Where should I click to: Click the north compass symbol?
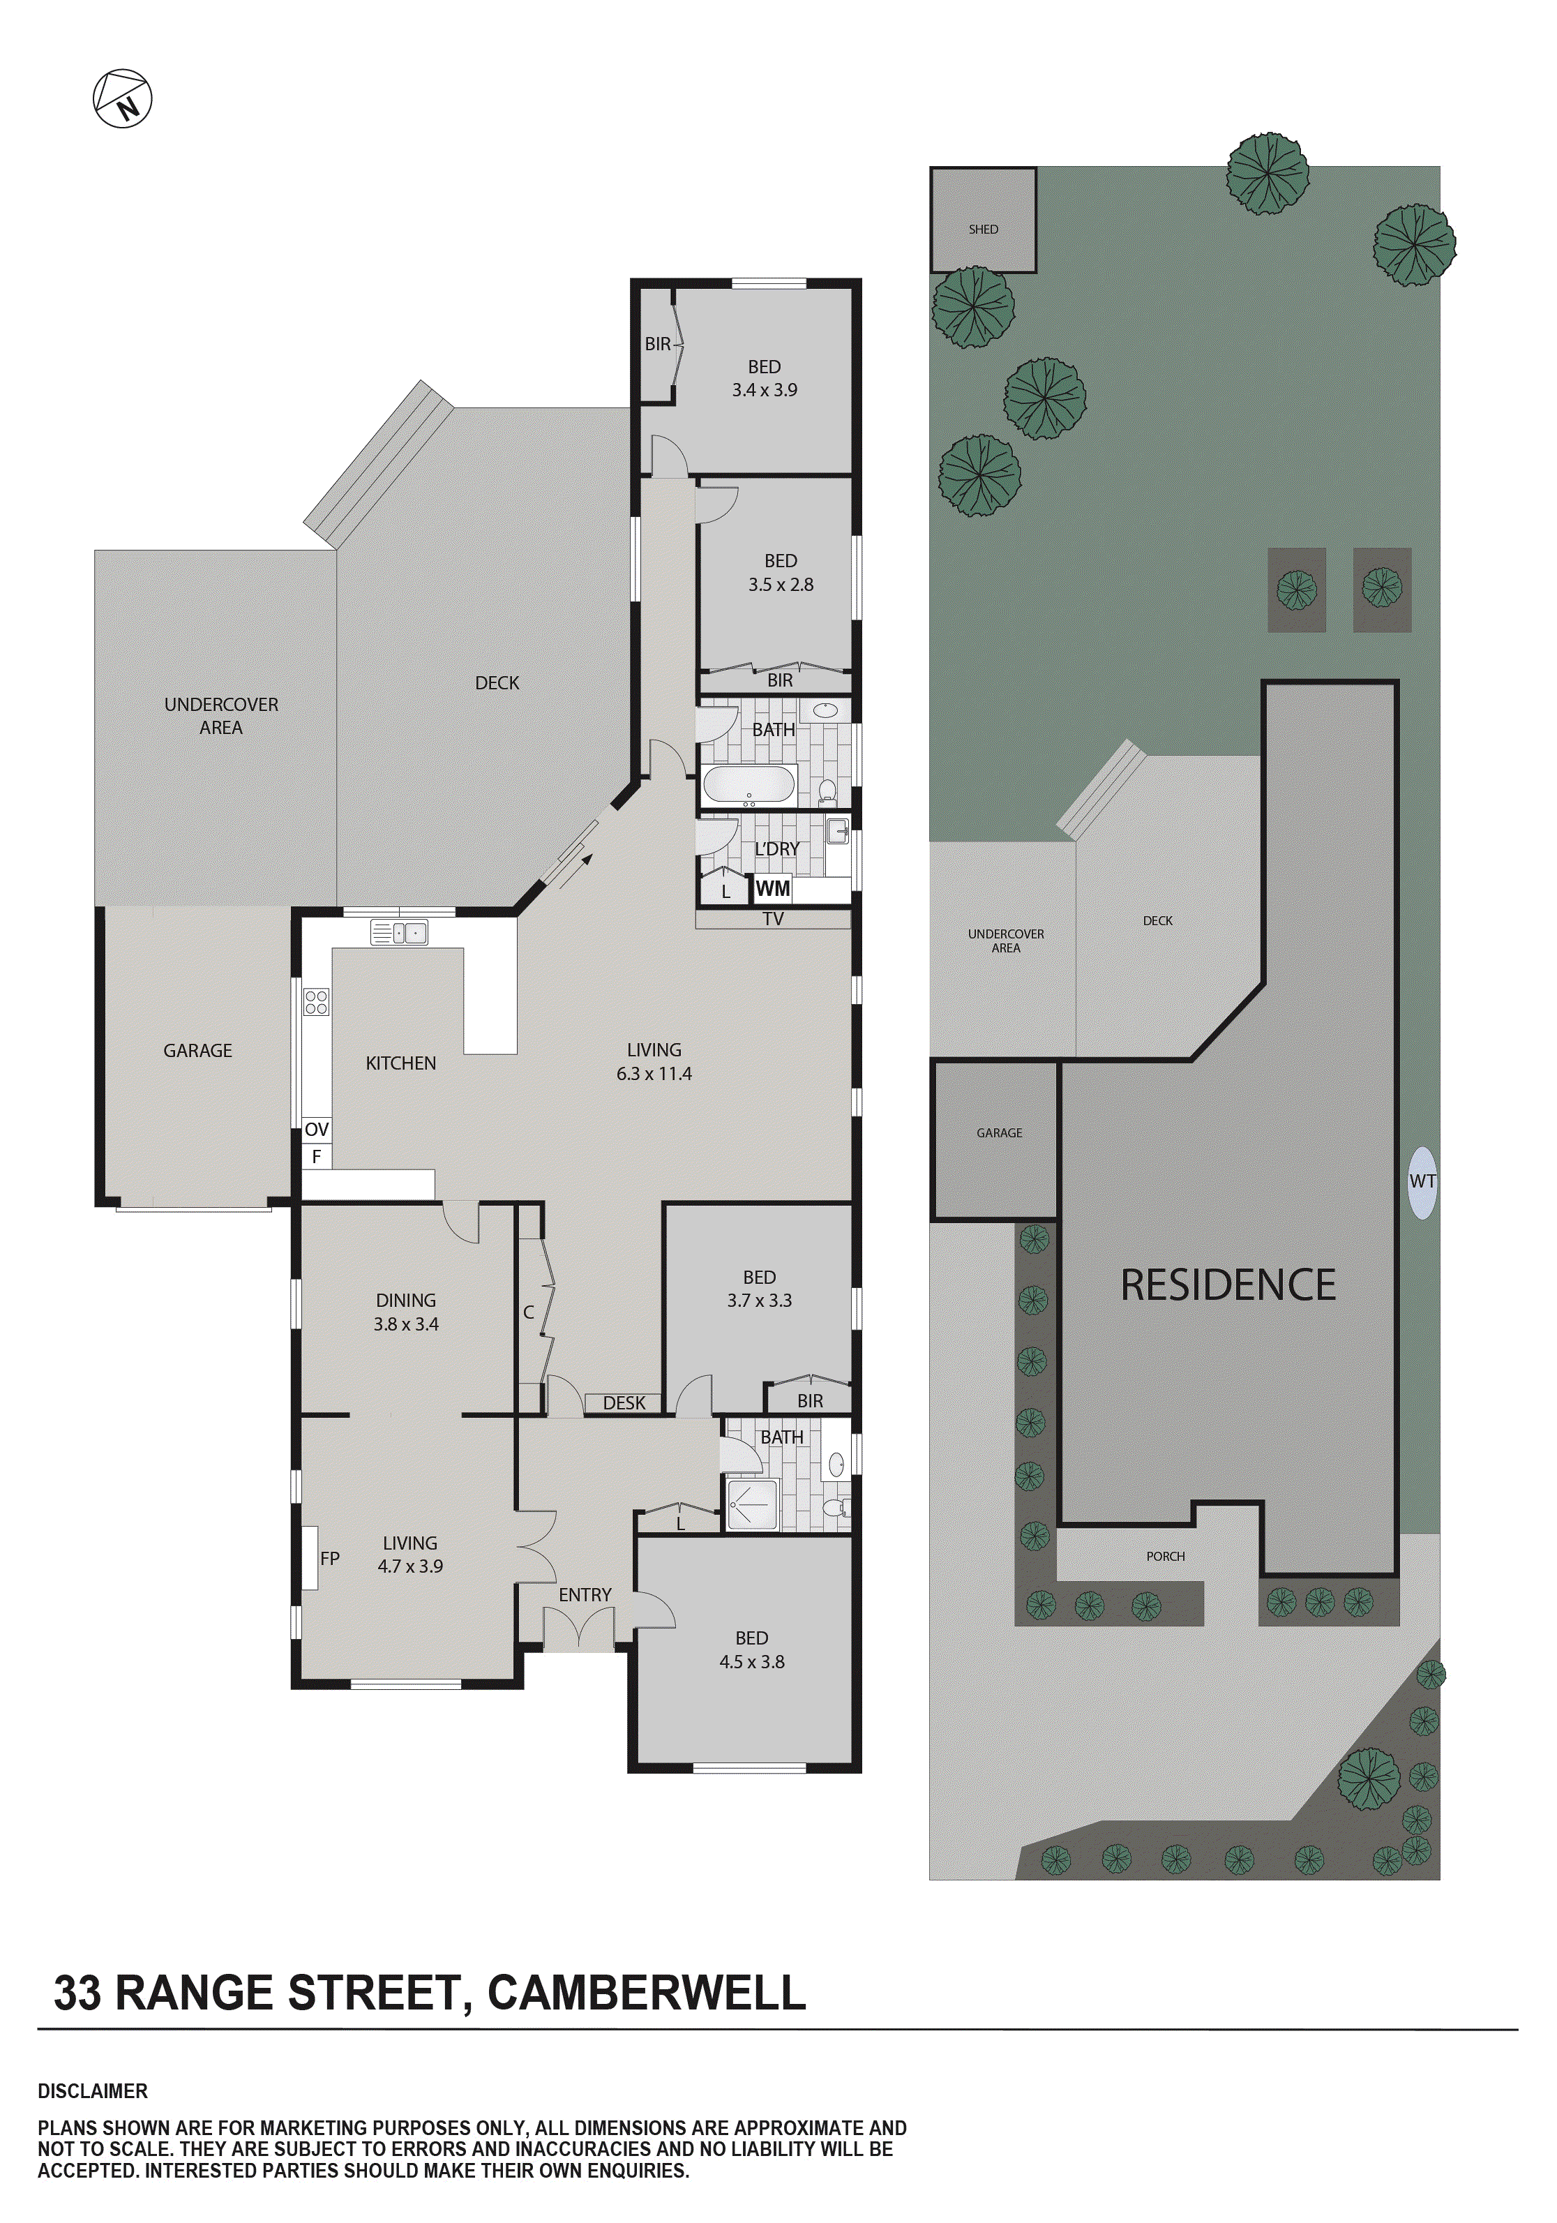[x=123, y=98]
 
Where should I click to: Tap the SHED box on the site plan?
[x=983, y=220]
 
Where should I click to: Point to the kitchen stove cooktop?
[x=317, y=1002]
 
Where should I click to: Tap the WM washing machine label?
[x=772, y=888]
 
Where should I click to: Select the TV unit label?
[x=773, y=919]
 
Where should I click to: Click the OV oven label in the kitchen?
[x=317, y=1130]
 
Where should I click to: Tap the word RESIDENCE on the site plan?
[x=1228, y=1285]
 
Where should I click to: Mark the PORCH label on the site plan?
[x=1165, y=1556]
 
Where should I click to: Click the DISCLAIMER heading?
[x=93, y=2090]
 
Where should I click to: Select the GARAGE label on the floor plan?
[x=197, y=1051]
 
